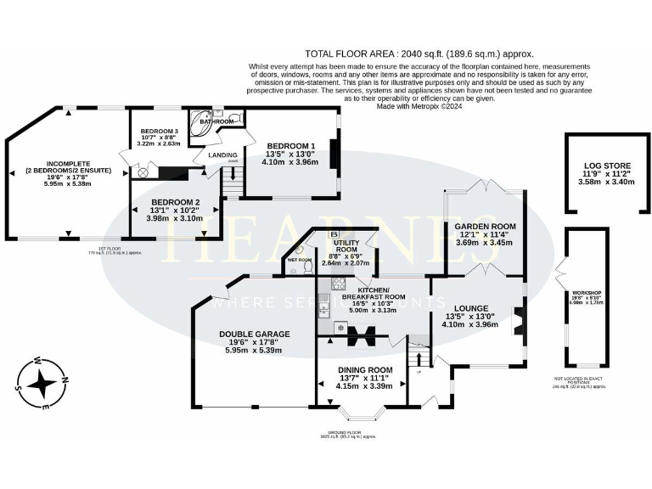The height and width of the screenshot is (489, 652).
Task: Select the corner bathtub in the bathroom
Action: pyautogui.click(x=201, y=120)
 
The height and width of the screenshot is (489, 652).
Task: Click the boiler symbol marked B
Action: pyautogui.click(x=333, y=235)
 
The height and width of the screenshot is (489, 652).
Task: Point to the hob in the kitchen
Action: pyautogui.click(x=340, y=326)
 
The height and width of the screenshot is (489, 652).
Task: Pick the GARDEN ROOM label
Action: pyautogui.click(x=481, y=228)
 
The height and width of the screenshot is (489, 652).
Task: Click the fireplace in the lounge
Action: pyautogui.click(x=519, y=323)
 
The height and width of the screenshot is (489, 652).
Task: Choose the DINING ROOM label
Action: pyautogui.click(x=365, y=370)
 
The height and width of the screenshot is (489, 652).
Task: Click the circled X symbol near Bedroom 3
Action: pyautogui.click(x=143, y=173)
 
